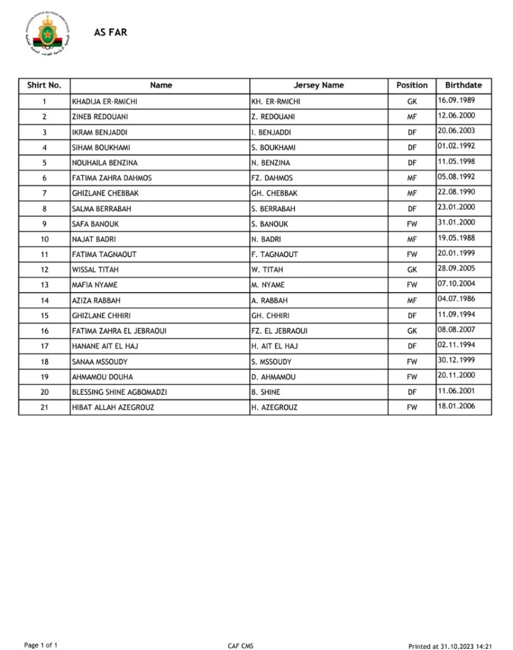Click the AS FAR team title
(x=110, y=32)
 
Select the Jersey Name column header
(x=319, y=85)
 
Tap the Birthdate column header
(x=463, y=85)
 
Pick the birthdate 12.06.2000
(x=456, y=116)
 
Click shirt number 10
(x=44, y=239)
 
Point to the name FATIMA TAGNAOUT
(x=104, y=255)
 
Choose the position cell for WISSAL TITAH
(x=412, y=270)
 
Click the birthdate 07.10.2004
(x=456, y=284)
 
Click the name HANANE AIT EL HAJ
(x=105, y=346)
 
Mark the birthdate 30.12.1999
(x=456, y=360)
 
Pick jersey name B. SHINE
(x=265, y=392)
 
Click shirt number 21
(x=44, y=408)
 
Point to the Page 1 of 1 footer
(x=41, y=645)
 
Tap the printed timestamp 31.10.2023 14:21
(x=450, y=646)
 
